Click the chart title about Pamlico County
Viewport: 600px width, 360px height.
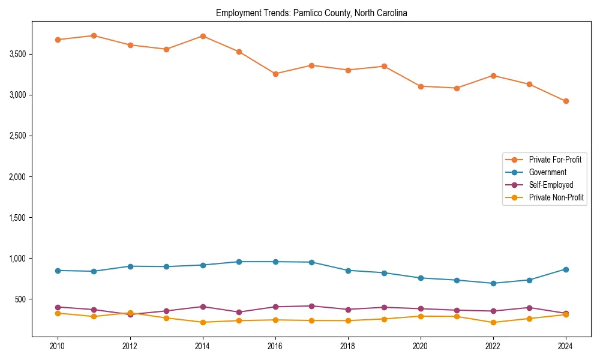311,13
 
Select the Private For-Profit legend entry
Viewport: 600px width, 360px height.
555,160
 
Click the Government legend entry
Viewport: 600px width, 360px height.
547,172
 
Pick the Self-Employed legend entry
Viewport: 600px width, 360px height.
551,185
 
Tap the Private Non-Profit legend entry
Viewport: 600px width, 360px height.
556,197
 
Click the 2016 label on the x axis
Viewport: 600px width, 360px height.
275,346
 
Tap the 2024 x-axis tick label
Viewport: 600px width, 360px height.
565,346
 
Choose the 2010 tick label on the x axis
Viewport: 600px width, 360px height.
58,346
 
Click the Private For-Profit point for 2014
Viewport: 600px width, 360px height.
203,36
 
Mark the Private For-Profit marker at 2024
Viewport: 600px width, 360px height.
565,101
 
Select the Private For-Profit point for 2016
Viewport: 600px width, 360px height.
275,74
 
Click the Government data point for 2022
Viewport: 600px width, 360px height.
493,283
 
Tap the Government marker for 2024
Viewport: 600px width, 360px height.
565,269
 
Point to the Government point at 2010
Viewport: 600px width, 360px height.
58,271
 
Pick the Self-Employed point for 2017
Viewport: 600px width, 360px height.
311,306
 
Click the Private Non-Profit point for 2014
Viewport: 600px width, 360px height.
203,322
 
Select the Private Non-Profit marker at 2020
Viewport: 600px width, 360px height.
420,316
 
